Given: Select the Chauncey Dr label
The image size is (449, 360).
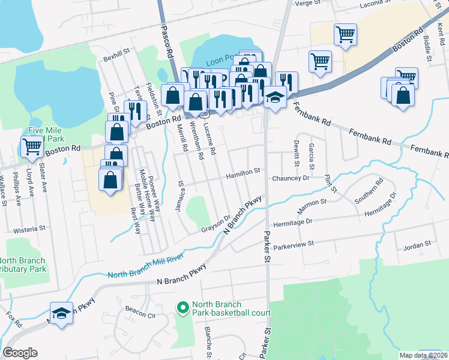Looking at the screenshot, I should point(290,178).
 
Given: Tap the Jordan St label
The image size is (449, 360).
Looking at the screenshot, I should point(418,245).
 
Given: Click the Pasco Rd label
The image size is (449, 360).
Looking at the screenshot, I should point(167,40).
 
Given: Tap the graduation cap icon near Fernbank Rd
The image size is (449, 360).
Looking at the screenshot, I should point(275,97).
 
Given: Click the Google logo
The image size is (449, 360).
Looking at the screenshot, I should point(20,353).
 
